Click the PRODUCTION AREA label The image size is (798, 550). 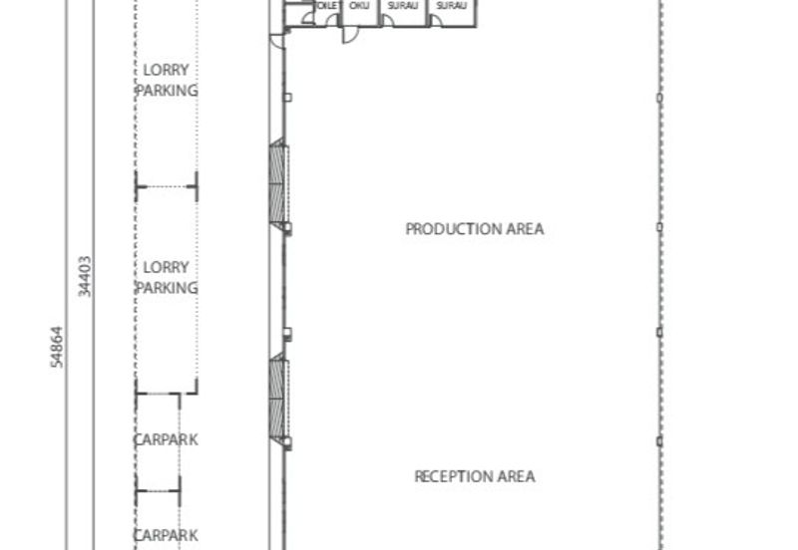pyautogui.click(x=474, y=229)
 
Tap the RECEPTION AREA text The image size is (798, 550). pyautogui.click(x=474, y=476)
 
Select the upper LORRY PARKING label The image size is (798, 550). pyautogui.click(x=167, y=80)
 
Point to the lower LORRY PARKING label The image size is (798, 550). pyautogui.click(x=167, y=277)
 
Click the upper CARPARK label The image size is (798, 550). pyautogui.click(x=166, y=439)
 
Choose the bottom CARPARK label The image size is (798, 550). pyautogui.click(x=166, y=535)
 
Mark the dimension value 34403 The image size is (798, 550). pyautogui.click(x=85, y=276)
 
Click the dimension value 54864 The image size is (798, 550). pyautogui.click(x=58, y=348)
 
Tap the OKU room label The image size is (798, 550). pyautogui.click(x=359, y=6)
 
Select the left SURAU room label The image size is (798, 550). pyautogui.click(x=403, y=6)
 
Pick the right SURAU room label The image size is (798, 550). pyautogui.click(x=451, y=6)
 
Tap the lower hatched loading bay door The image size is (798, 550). pyautogui.click(x=278, y=402)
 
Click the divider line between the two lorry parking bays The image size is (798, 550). pyautogui.click(x=167, y=186)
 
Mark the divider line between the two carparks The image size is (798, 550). pyautogui.click(x=159, y=489)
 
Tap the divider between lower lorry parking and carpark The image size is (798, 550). pyautogui.click(x=159, y=395)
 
